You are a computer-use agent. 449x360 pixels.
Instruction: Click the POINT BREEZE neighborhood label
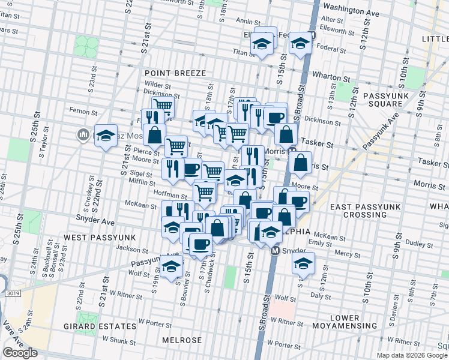click(175, 73)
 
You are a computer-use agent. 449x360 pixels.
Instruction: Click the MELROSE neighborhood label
click(182, 340)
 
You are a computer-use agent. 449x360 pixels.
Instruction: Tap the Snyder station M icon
click(276, 251)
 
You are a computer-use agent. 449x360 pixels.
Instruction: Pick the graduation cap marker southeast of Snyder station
click(303, 263)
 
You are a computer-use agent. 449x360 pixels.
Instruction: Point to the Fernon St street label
click(83, 112)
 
